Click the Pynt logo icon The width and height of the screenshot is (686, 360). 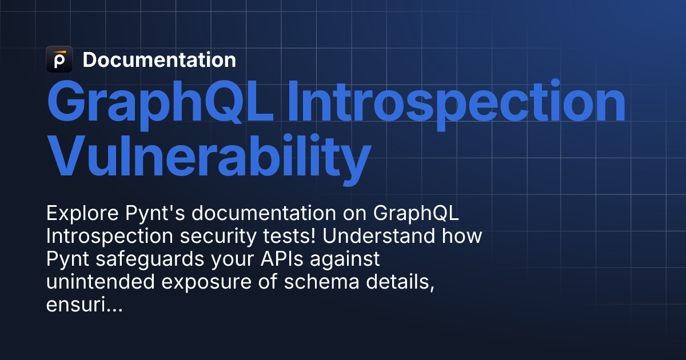[59, 59]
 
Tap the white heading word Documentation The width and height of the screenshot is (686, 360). [159, 59]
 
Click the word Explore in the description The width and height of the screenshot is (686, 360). [82, 213]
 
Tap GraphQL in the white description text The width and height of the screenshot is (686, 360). [416, 213]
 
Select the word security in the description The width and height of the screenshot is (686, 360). [218, 237]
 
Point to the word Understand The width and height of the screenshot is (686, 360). [378, 236]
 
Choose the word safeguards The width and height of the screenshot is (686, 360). [150, 260]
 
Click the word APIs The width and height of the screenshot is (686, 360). [282, 259]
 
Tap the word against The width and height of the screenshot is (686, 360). [345, 260]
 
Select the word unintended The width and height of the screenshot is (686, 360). [101, 282]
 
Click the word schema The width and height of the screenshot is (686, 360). [321, 282]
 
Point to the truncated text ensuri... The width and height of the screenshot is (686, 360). [85, 305]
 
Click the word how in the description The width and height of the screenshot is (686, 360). [462, 236]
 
